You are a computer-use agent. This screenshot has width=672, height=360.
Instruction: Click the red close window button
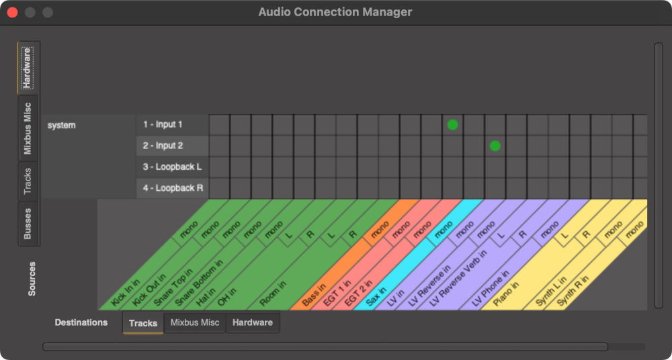[12, 12]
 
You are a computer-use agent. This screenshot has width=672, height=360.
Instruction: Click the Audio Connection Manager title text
[335, 12]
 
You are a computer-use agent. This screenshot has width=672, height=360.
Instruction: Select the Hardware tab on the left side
[28, 68]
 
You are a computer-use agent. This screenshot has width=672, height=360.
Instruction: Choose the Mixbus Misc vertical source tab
[28, 128]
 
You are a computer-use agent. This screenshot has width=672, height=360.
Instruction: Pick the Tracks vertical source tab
[28, 181]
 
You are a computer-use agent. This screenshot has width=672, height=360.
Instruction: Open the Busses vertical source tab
[28, 223]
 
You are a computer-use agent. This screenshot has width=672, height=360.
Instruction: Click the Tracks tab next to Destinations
[142, 323]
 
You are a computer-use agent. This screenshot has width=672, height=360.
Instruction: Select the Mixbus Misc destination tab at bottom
[194, 323]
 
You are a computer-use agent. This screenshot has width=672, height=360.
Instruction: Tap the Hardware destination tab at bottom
[253, 323]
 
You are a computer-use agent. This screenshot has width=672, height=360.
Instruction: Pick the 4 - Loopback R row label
[172, 188]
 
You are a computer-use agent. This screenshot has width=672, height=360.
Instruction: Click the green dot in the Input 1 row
[452, 125]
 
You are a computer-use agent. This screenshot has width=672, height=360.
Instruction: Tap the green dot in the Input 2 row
[495, 146]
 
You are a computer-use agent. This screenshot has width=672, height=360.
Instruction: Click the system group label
[62, 125]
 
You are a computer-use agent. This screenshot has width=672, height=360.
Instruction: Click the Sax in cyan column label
[378, 296]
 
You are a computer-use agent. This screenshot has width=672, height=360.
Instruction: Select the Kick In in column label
[126, 294]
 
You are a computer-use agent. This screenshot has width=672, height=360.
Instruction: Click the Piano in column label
[505, 294]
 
